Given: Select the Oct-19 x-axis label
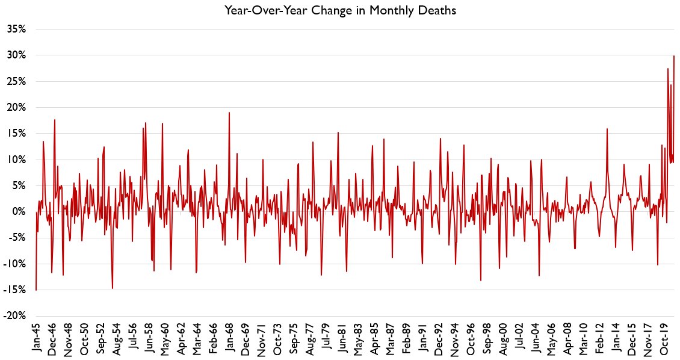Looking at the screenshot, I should point(663,340).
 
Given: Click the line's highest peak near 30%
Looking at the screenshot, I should point(673,56).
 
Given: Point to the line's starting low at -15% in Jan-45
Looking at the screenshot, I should point(36,290).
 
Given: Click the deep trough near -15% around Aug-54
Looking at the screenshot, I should point(113,288).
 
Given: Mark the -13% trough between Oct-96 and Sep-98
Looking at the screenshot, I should point(480,281).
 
